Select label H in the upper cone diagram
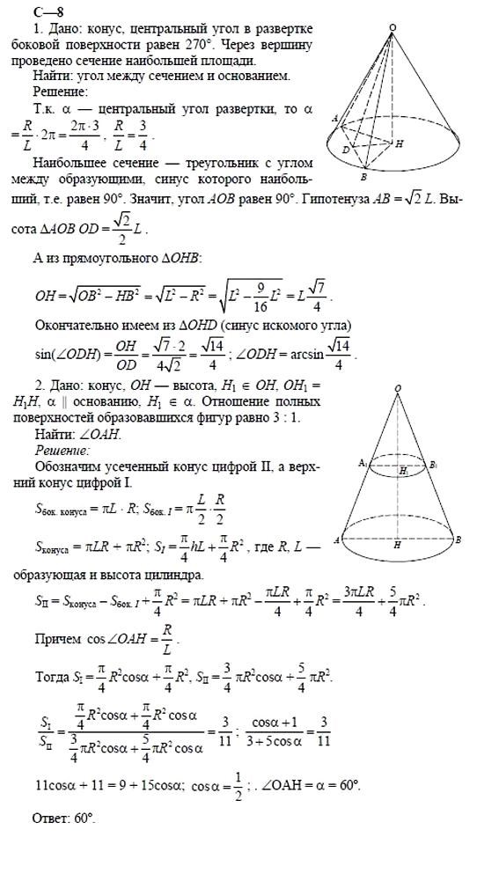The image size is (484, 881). [x=400, y=143]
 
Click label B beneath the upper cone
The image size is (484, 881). [x=363, y=179]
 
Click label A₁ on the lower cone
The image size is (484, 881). [x=362, y=463]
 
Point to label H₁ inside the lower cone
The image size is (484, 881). [x=402, y=471]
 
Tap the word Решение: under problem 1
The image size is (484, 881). [x=59, y=91]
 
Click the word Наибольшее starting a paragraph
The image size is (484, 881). [x=70, y=163]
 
